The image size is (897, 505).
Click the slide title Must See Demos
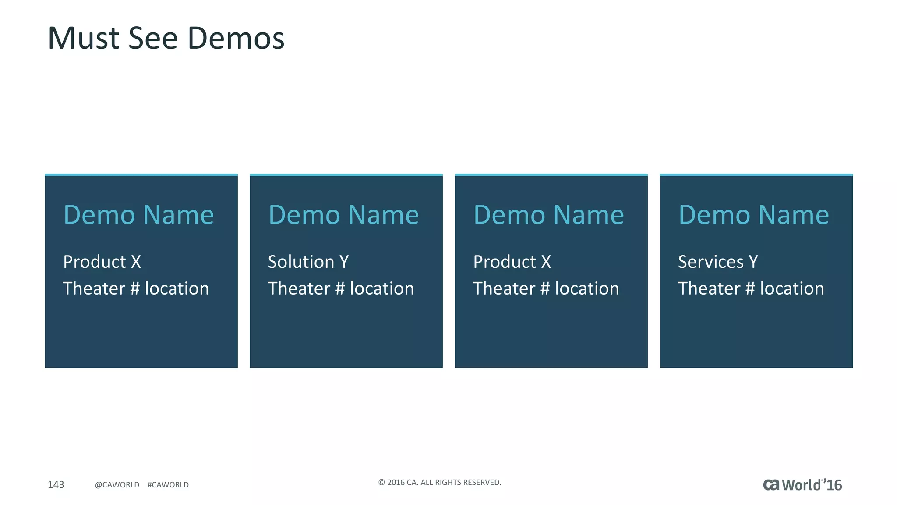tap(166, 38)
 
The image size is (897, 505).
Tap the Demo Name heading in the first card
tap(138, 215)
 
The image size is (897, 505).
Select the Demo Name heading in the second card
tap(343, 215)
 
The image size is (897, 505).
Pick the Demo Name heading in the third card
tap(548, 215)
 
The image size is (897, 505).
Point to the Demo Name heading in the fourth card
tap(753, 215)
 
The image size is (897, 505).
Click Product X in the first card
tap(102, 262)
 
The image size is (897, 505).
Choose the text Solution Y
tap(308, 262)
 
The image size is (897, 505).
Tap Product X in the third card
tap(512, 262)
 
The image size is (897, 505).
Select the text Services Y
tap(717, 262)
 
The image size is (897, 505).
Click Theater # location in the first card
tap(136, 288)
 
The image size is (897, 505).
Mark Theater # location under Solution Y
tap(341, 288)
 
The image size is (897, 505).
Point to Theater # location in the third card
tap(546, 288)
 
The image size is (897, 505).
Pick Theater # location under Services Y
tap(751, 288)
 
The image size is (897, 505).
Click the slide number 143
tap(56, 484)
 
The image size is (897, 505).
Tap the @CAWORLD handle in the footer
tap(117, 485)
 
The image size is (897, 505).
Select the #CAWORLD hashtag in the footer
tap(168, 485)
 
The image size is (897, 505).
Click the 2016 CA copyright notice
tap(440, 482)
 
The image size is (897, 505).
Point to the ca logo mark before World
tap(771, 485)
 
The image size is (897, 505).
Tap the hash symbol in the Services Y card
tap(750, 288)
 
